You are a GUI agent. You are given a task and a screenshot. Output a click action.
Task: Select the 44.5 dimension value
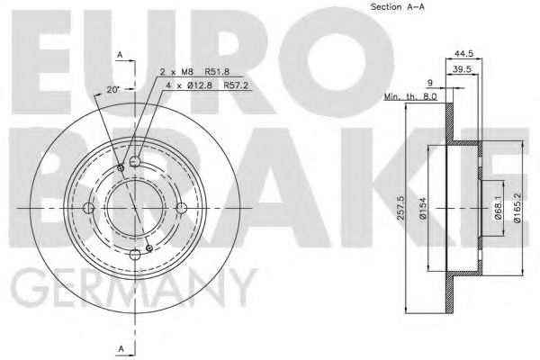point(465,53)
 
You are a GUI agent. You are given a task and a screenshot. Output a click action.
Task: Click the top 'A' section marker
point(120,57)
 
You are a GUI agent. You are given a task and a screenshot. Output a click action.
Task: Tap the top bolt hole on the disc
point(135,162)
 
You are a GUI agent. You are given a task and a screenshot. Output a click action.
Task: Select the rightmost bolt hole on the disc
point(180,209)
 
